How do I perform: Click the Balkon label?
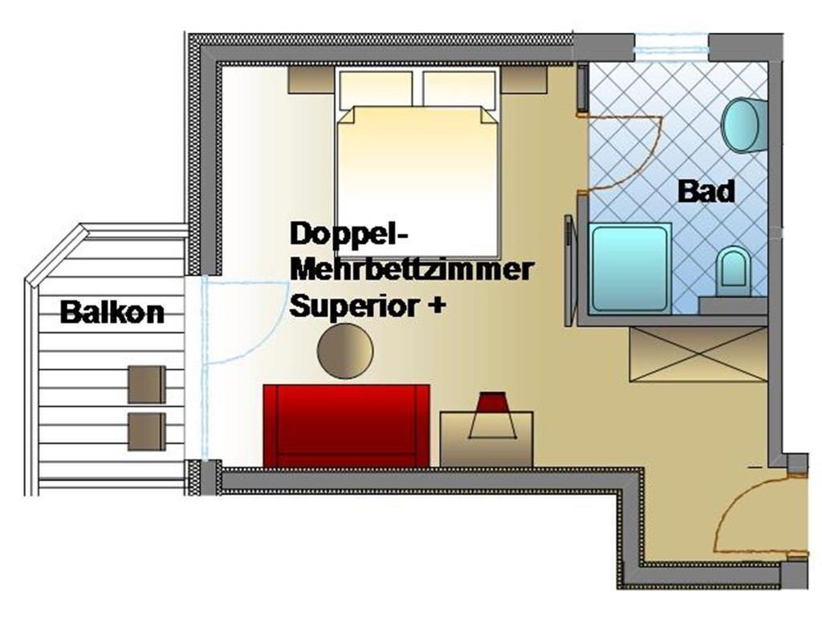point(112,313)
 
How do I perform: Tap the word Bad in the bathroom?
point(706,191)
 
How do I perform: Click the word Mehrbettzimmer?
point(412,270)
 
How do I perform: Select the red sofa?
point(347,426)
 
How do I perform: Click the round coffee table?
point(345,350)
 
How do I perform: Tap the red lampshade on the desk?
point(492,402)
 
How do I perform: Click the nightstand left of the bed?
point(311,80)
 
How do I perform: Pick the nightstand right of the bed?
point(525,80)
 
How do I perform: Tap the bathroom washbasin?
point(744,125)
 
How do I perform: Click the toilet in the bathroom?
point(734,271)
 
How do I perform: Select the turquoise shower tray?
point(630,268)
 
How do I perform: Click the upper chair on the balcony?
point(147,385)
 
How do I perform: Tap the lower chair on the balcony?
point(147,431)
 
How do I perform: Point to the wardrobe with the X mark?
point(698,353)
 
